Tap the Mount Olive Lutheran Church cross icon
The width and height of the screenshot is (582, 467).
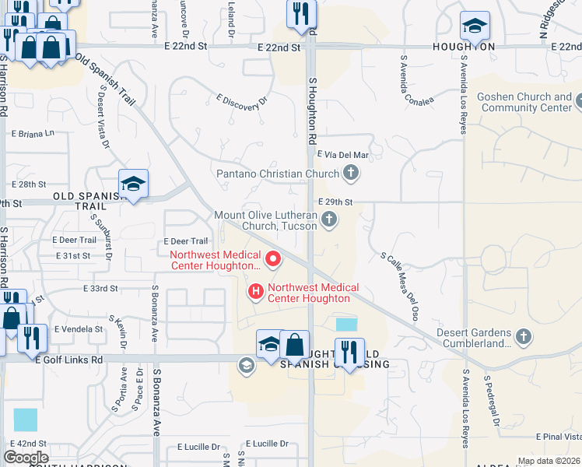[x=329, y=220]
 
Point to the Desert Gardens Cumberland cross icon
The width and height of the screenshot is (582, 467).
[x=524, y=336]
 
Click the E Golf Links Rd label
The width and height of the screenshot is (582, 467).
[x=69, y=360]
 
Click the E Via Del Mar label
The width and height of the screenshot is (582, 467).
[x=342, y=155]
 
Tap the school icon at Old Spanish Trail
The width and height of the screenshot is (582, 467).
[x=133, y=184]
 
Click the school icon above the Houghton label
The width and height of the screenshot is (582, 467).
[x=474, y=26]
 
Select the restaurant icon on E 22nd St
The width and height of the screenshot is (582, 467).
[x=300, y=13]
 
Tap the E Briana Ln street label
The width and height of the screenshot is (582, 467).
[x=33, y=133]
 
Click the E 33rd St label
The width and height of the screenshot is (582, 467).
[x=100, y=288]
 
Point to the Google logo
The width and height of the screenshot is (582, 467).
[x=26, y=458]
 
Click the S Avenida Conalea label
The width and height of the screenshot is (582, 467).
[x=415, y=79]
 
